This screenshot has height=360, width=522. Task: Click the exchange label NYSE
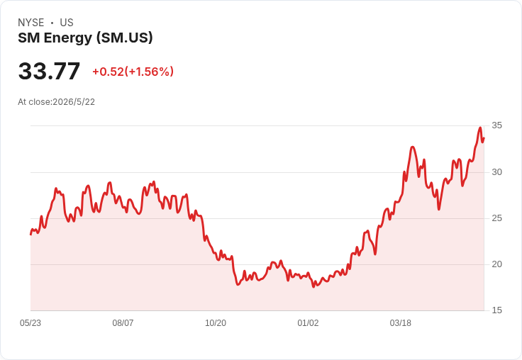31,23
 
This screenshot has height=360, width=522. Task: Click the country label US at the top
67,23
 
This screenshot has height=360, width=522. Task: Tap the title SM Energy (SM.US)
85,38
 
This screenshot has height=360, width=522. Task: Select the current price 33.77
49,71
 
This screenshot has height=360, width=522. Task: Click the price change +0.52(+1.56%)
133,72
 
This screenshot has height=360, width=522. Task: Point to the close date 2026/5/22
74,102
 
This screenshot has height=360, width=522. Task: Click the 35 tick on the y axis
496,125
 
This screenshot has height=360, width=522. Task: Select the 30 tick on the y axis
496,172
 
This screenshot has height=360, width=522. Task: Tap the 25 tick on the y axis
496,218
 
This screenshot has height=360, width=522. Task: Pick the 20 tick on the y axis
496,264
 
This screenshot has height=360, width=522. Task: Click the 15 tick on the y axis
496,310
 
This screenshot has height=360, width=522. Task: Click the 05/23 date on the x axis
30,323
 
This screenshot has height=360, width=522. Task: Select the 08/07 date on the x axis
123,323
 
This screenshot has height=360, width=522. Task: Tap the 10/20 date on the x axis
216,323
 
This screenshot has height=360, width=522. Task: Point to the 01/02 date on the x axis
308,323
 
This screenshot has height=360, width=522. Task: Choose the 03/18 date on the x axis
401,323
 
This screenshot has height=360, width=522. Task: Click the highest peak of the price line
480,128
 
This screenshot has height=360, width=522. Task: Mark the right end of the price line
484,137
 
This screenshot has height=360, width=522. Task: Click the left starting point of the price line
30,235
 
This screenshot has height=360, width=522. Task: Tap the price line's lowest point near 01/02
313,287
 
